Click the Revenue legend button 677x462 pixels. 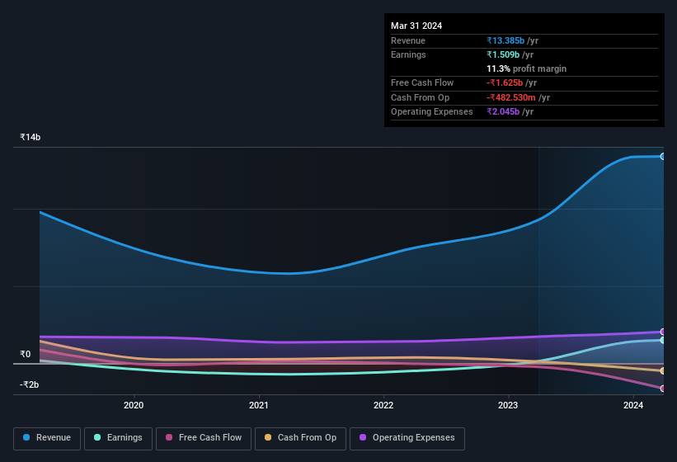coord(47,438)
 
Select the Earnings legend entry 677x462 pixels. coord(118,438)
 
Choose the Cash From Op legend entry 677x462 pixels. coord(300,438)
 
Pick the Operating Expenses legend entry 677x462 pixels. coord(407,438)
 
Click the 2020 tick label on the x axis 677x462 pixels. coord(134,405)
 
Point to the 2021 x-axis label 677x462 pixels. coord(259,405)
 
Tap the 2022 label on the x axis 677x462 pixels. coord(383,405)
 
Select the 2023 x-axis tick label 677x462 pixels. coord(508,405)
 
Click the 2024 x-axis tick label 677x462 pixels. coord(633,405)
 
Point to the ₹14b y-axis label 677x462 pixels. coord(31,137)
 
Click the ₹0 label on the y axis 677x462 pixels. coord(26,355)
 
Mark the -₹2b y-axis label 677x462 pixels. coord(31,385)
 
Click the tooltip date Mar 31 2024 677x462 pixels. coord(416,26)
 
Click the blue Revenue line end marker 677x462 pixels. coord(662,156)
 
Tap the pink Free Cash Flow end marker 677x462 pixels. coord(662,389)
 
